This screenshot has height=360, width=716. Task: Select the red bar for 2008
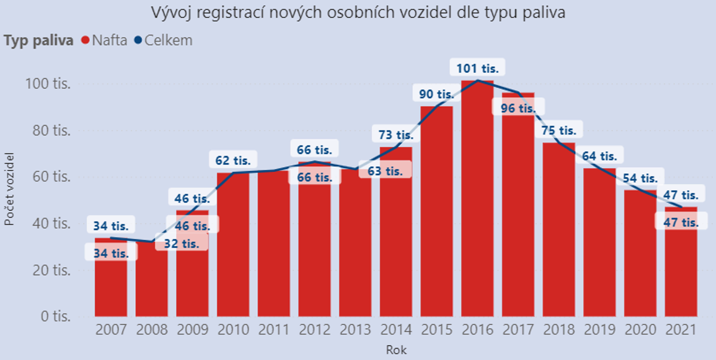(x=152, y=283)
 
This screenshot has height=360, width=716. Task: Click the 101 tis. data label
(x=477, y=68)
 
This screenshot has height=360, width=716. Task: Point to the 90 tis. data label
(x=436, y=94)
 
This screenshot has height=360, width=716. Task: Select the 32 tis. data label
(x=181, y=244)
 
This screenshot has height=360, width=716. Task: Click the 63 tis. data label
(x=385, y=171)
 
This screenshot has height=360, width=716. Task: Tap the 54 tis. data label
(x=640, y=178)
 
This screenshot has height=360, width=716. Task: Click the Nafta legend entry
(x=109, y=40)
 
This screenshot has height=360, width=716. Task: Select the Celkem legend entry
(x=168, y=40)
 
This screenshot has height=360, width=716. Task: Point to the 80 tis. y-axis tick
(x=51, y=130)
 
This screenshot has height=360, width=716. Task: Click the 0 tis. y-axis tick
(x=55, y=316)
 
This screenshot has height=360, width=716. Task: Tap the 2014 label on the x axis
(x=396, y=330)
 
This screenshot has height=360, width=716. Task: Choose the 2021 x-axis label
(x=681, y=330)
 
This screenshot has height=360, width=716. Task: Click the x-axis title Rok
(x=396, y=350)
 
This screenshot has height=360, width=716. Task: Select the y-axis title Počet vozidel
(x=9, y=189)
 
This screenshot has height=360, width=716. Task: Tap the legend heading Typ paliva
(x=38, y=40)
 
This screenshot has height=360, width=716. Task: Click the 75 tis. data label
(x=558, y=130)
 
